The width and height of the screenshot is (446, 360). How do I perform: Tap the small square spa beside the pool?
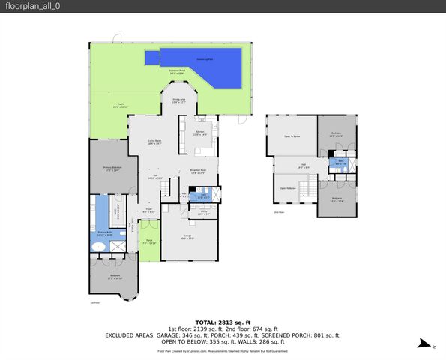(152, 57)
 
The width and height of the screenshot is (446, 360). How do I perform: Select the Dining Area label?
(179, 100)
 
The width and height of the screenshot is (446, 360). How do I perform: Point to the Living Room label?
(155, 142)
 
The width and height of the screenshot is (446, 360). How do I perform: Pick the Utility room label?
(202, 214)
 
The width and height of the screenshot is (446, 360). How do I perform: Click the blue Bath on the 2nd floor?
(340, 163)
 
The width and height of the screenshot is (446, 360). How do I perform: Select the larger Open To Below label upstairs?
(292, 136)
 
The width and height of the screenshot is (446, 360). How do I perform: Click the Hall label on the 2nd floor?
(304, 166)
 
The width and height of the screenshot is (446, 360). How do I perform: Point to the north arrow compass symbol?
(424, 345)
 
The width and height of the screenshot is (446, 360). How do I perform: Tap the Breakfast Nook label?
(198, 172)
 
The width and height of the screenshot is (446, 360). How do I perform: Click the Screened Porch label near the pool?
(177, 72)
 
